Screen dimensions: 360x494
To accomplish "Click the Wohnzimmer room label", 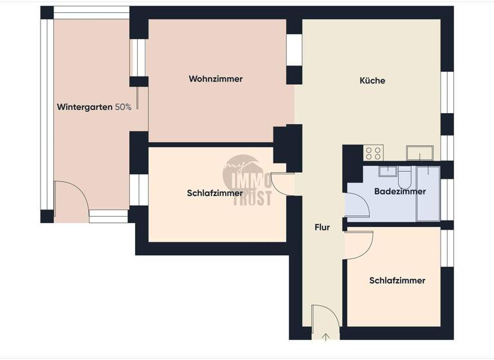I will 215,79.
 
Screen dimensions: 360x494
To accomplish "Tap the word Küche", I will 372,80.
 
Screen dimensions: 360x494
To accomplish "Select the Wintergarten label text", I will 85,107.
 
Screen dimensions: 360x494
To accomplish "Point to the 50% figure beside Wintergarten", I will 123,107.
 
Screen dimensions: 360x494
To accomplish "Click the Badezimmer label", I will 399,192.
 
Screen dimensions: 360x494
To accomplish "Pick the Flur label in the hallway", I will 322,228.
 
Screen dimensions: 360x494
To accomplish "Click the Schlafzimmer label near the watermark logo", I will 215,193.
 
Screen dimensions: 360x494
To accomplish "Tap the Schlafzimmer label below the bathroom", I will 397,281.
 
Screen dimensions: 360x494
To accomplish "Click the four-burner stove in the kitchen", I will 374,152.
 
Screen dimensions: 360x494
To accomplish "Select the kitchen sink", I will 419,153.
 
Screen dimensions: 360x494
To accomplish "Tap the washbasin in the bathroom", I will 388,170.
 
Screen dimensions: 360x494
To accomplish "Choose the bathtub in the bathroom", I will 428,194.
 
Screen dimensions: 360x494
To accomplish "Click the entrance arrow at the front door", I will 326,336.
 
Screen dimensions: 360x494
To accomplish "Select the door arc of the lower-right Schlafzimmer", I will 360,245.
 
